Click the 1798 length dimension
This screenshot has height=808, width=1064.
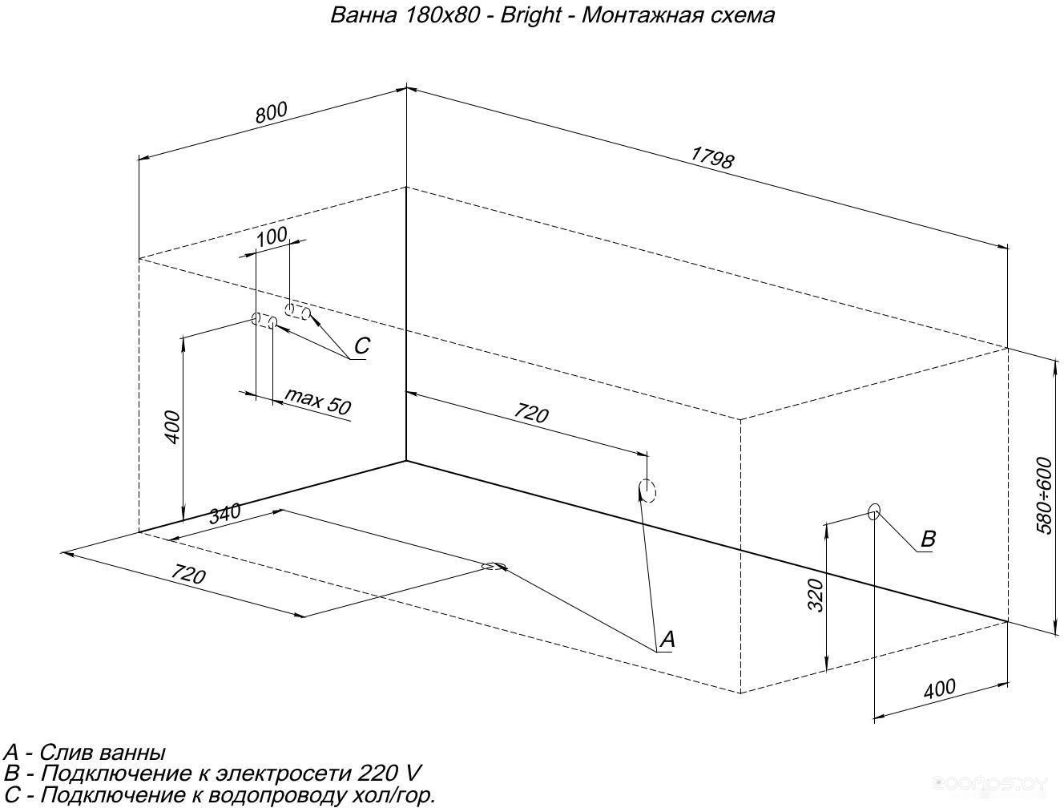coord(711,158)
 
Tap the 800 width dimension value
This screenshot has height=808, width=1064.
coord(272,112)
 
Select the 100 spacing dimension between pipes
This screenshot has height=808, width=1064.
coord(272,236)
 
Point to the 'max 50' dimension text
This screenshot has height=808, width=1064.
coord(317,402)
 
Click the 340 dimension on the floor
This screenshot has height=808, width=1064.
coord(225,514)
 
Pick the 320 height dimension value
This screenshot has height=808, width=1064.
coord(816,596)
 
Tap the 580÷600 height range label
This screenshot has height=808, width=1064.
coord(1044,495)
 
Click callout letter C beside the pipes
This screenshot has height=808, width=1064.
coord(361,345)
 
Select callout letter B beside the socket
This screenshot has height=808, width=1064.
coord(927,539)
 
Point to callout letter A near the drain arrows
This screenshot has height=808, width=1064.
coord(667,639)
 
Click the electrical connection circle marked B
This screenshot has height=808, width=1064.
coord(873,511)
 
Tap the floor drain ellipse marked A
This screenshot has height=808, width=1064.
coord(494,567)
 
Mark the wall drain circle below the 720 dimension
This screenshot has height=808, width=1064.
coord(647,491)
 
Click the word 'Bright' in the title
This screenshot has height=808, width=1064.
coord(530,15)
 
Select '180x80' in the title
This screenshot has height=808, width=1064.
coord(442,15)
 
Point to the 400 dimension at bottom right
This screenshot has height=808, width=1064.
coord(940,689)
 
